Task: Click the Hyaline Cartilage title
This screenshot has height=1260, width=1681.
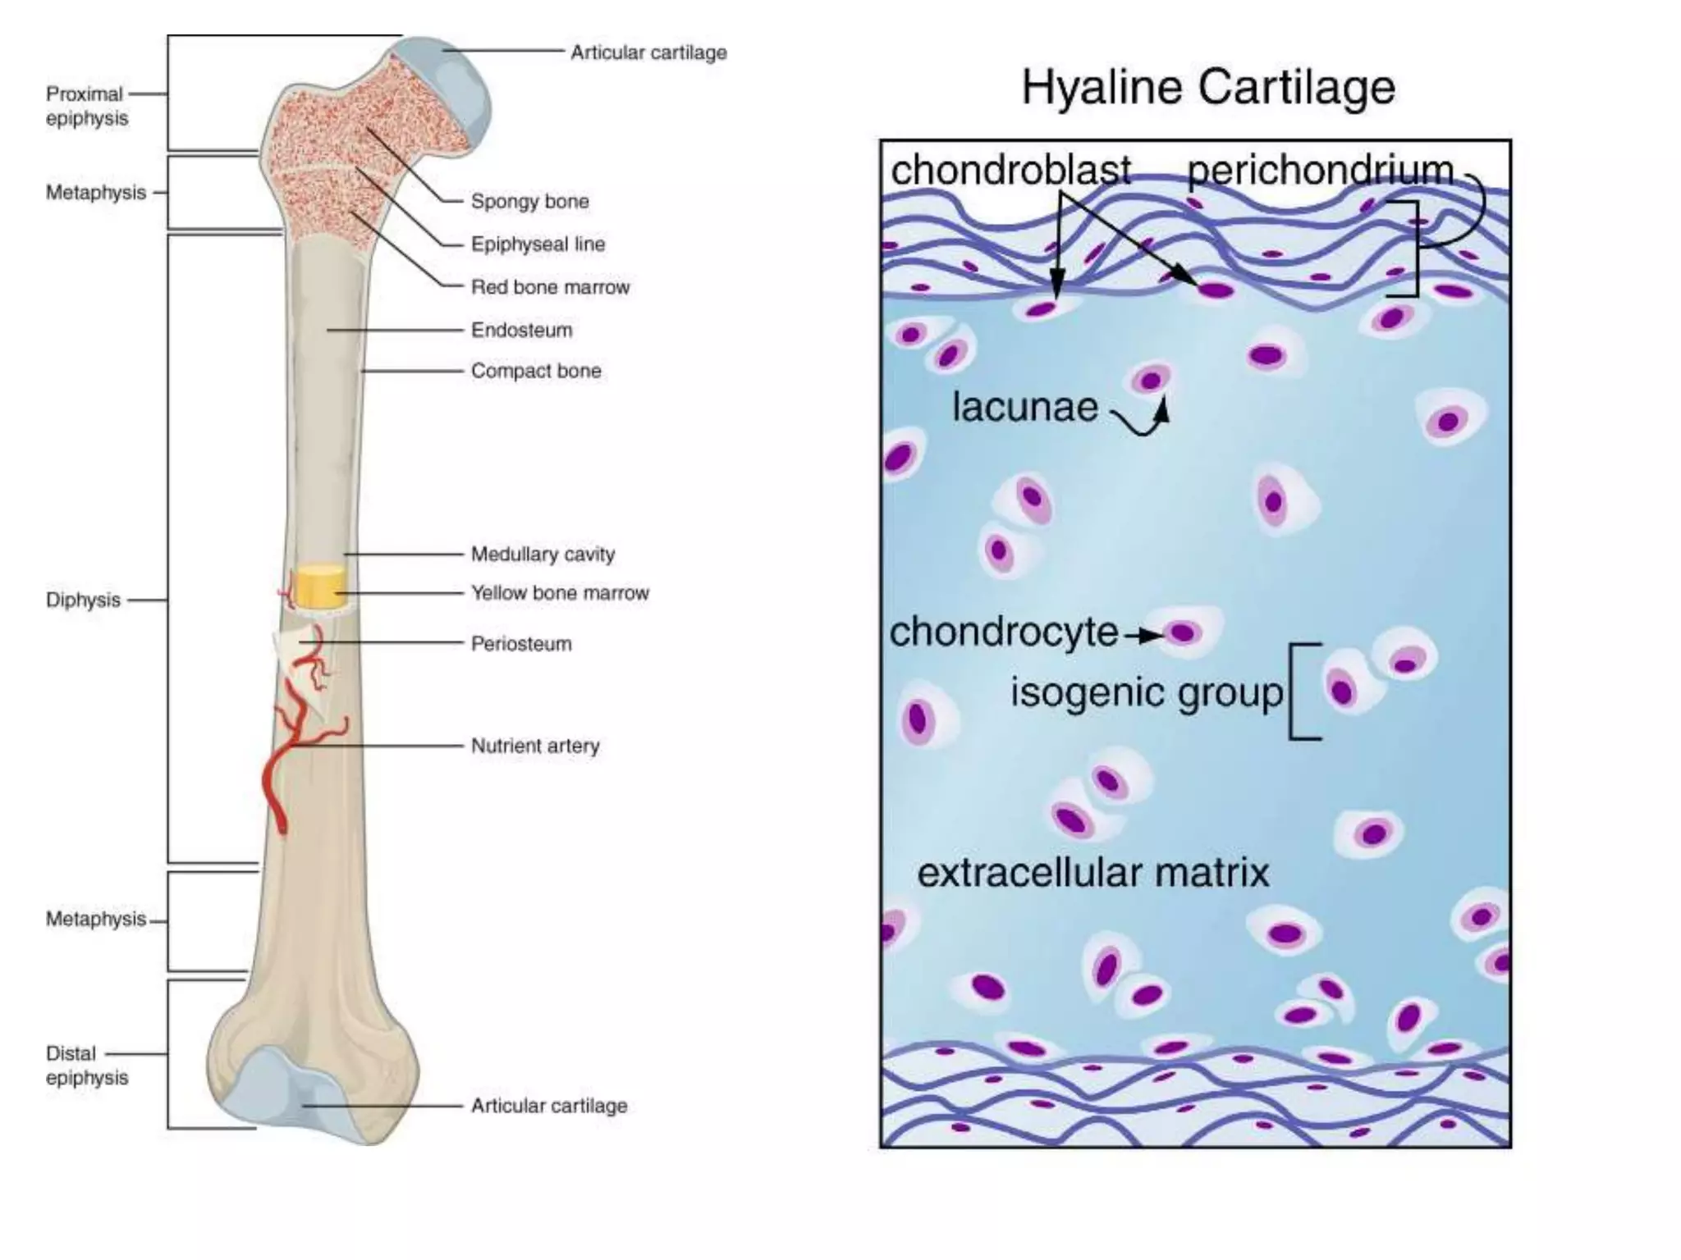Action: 1207,89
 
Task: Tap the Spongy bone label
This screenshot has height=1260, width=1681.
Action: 529,202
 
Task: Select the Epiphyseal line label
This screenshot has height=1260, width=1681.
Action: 538,244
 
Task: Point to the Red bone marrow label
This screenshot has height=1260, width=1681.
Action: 550,287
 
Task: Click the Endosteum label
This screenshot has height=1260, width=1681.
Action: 521,330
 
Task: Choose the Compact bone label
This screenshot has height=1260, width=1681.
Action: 536,371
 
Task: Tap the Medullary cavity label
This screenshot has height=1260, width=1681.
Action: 543,555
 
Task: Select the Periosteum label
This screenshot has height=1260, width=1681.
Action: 521,644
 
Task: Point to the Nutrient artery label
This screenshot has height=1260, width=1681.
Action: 535,746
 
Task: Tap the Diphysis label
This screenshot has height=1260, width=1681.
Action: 83,600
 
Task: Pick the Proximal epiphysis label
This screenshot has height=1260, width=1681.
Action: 86,106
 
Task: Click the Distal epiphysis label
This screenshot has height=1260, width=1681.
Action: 86,1065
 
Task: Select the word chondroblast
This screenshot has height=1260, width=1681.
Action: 1011,171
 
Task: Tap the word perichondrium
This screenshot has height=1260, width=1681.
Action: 1321,171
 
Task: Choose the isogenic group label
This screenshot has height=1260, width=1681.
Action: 1147,693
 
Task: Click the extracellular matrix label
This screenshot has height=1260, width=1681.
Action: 1093,872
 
